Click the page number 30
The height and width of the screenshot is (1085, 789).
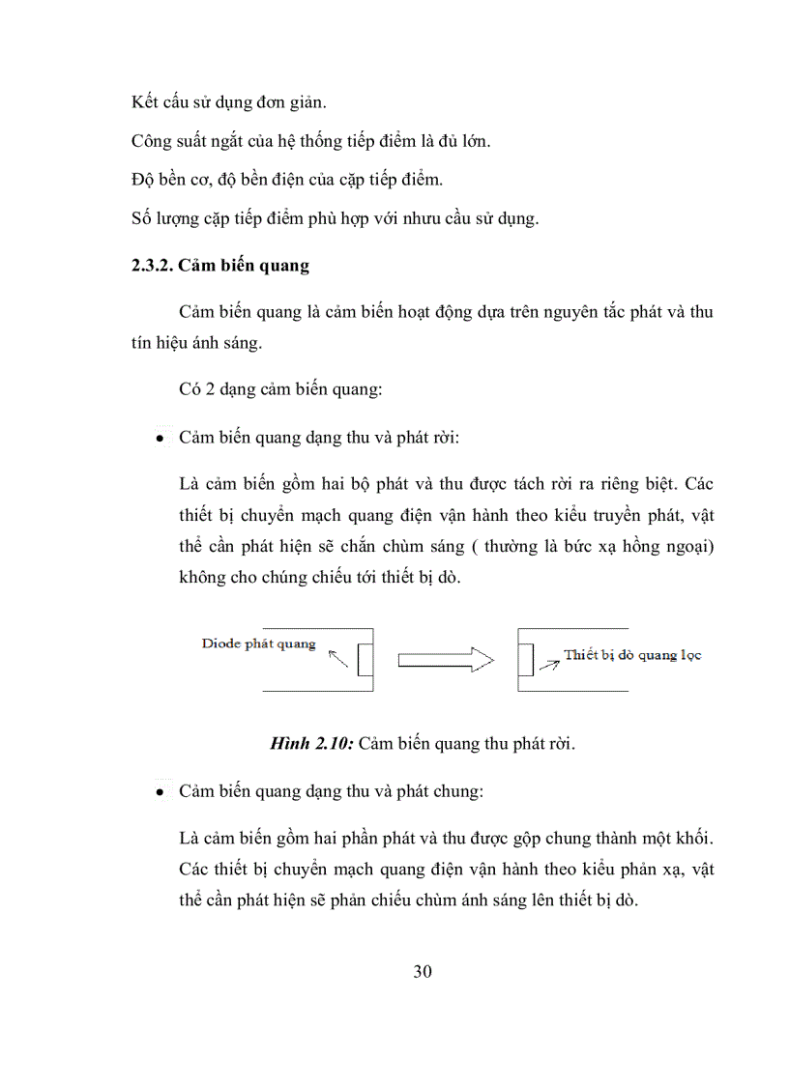[x=422, y=971]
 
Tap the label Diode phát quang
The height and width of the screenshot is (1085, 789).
[x=258, y=643]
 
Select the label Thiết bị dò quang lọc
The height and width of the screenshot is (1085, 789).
[x=633, y=655]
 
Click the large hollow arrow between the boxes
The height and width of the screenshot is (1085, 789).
[x=447, y=661]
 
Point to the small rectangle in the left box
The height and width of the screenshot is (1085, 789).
[x=365, y=661]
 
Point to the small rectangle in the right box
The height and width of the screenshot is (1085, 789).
[x=525, y=661]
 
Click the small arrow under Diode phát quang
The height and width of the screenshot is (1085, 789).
[x=337, y=660]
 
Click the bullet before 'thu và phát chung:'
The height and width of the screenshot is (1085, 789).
[x=158, y=792]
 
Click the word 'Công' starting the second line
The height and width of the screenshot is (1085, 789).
[x=151, y=141]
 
